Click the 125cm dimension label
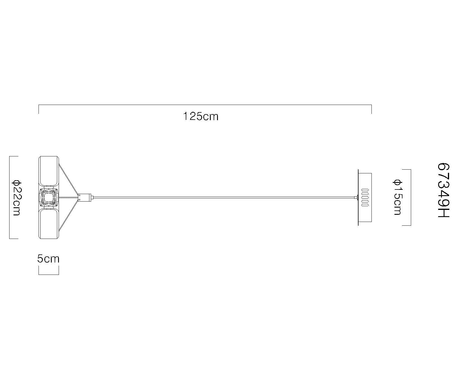coord(201,116)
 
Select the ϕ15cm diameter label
coord(397,197)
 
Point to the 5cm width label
coord(48,259)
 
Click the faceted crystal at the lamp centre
coord(49,198)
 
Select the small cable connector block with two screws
coord(85,197)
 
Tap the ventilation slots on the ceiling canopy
coord(365,198)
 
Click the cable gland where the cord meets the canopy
coord(356,197)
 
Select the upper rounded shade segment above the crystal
coord(49,172)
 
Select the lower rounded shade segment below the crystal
coord(49,224)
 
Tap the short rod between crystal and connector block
coord(68,197)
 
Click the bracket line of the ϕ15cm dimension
coord(411,197)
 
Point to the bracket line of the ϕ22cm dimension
coord(10,197)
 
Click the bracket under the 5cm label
coord(49,274)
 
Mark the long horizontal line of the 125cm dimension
coord(205,105)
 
